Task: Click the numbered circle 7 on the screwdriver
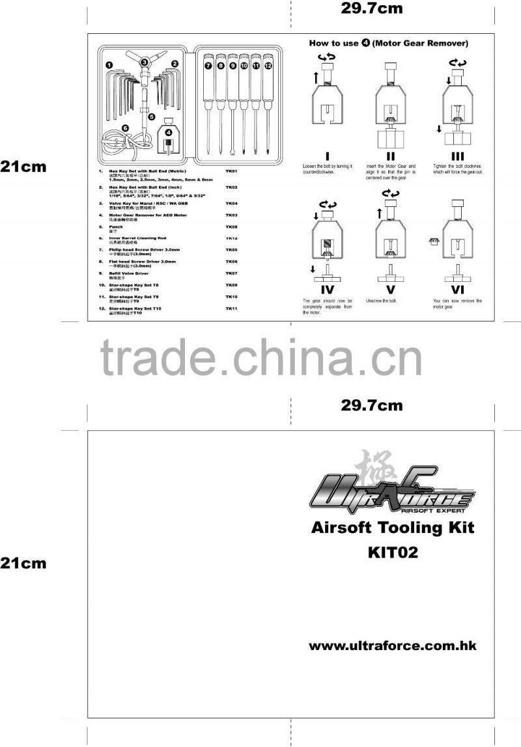[208, 66]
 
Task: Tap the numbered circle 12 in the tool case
[268, 66]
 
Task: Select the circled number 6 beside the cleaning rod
[124, 129]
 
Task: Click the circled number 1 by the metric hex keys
[108, 64]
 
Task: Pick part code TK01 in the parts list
[231, 171]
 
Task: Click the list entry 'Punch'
[115, 226]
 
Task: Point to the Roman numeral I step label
[328, 156]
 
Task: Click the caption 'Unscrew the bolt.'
[381, 301]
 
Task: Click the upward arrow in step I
[317, 77]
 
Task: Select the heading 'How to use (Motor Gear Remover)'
[388, 44]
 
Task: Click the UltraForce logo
[389, 493]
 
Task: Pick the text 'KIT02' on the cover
[392, 552]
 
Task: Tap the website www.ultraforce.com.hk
[393, 645]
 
